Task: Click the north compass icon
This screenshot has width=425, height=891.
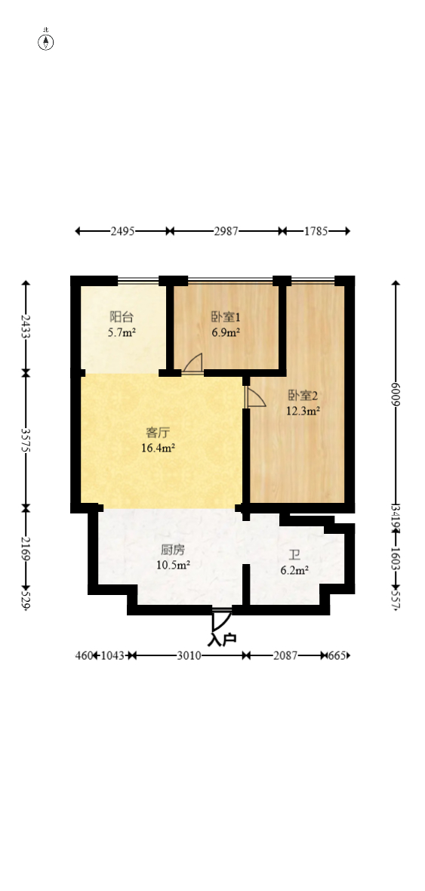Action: pyautogui.click(x=46, y=41)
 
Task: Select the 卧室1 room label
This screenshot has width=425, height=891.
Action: pyautogui.click(x=226, y=317)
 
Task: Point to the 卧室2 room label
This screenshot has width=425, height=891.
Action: pyautogui.click(x=303, y=396)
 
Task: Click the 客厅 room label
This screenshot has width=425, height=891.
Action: pyautogui.click(x=158, y=433)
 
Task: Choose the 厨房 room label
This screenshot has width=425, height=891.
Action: pyautogui.click(x=173, y=550)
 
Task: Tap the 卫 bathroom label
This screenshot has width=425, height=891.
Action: pyautogui.click(x=294, y=555)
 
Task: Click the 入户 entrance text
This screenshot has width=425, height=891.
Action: pyautogui.click(x=222, y=639)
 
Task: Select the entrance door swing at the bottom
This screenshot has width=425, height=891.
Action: pyautogui.click(x=220, y=619)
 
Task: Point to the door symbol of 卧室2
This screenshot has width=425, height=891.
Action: pyautogui.click(x=254, y=398)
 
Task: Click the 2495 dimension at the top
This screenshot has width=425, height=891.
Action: pyautogui.click(x=122, y=232)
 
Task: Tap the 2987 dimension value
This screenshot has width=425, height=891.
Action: pyautogui.click(x=226, y=232)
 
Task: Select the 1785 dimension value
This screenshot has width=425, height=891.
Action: pyautogui.click(x=316, y=232)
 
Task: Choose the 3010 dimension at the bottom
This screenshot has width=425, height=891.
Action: pyautogui.click(x=189, y=655)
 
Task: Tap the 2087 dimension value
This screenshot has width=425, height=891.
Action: pyautogui.click(x=285, y=655)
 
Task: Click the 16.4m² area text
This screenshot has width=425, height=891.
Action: pyautogui.click(x=159, y=448)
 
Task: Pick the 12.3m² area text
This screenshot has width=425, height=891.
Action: pyautogui.click(x=303, y=411)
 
